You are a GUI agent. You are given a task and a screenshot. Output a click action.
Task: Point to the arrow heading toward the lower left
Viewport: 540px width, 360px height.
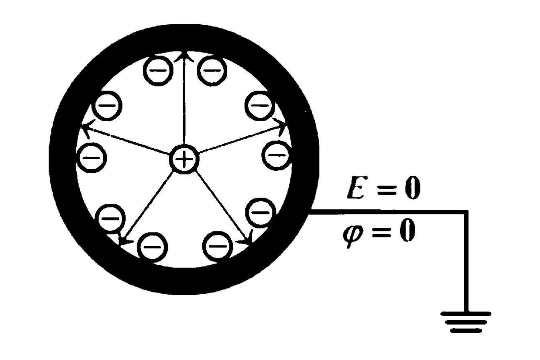(147, 207)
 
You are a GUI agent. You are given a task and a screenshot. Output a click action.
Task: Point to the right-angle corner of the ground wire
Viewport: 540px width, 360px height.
(466, 212)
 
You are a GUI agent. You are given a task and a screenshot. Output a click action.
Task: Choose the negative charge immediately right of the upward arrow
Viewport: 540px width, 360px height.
(213, 71)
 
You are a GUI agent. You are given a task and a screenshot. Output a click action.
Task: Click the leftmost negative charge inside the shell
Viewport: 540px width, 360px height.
(93, 157)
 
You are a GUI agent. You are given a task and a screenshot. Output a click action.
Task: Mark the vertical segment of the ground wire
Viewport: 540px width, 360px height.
(466, 261)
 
